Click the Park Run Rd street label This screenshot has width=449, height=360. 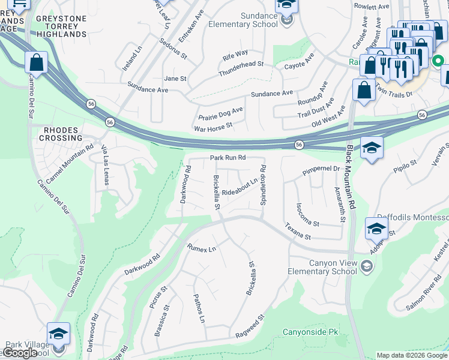(x=228, y=158)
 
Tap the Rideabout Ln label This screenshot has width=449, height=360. (x=240, y=193)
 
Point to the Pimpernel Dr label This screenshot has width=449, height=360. (x=321, y=169)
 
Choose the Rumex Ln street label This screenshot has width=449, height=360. (x=201, y=247)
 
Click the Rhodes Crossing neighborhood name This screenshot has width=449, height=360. (x=59, y=133)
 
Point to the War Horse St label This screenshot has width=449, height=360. (x=212, y=128)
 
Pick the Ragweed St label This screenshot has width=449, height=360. (x=250, y=326)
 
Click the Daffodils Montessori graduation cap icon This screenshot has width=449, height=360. (x=376, y=229)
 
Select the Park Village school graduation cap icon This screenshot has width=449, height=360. (x=59, y=334)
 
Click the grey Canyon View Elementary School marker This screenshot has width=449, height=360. (x=366, y=265)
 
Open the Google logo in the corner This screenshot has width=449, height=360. (x=20, y=353)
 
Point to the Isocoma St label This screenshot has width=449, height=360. (x=307, y=214)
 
